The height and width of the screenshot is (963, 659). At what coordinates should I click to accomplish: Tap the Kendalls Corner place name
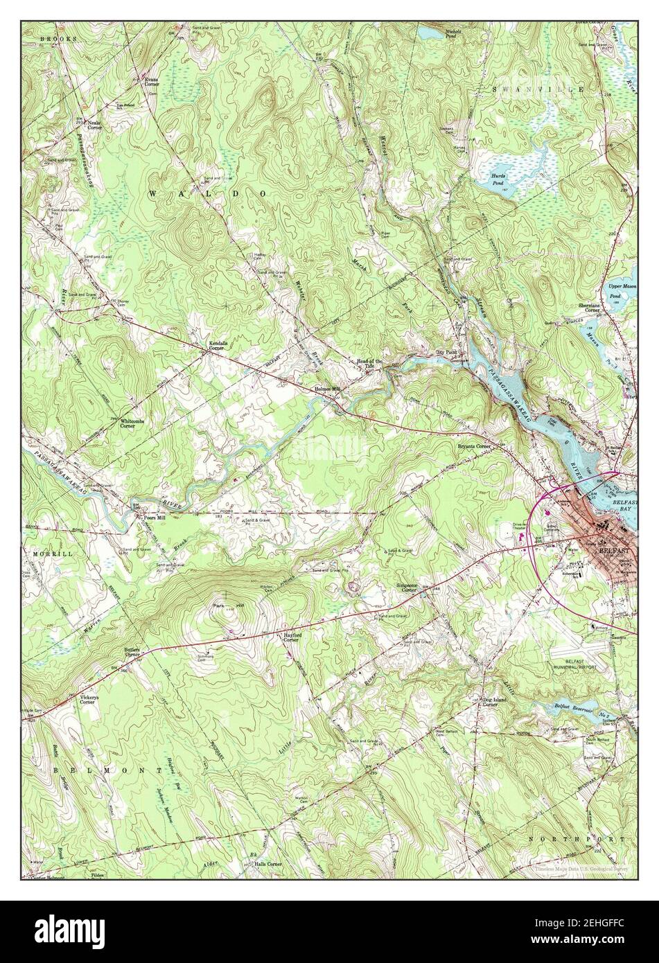(219, 345)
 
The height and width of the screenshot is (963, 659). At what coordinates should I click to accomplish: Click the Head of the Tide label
(369, 362)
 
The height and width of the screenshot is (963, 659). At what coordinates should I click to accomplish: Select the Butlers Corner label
(132, 651)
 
